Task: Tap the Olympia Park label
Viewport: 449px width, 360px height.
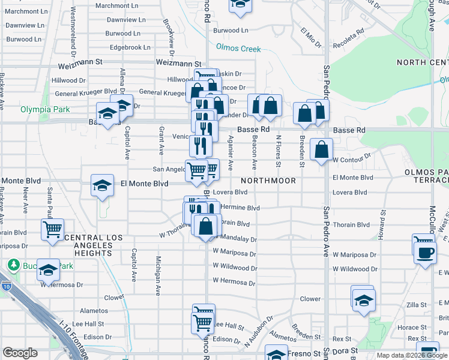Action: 46,109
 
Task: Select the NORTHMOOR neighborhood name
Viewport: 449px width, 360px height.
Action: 269,181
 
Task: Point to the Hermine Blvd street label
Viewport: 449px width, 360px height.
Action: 240,208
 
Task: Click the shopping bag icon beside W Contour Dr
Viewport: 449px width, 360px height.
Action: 322,150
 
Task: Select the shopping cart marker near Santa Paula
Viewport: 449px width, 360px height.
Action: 53,229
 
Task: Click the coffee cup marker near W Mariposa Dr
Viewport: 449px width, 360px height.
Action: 425,251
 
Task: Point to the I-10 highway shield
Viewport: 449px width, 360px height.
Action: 6,285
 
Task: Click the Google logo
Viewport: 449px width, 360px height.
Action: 20,353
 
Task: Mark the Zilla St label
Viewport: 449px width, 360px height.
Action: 415,305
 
